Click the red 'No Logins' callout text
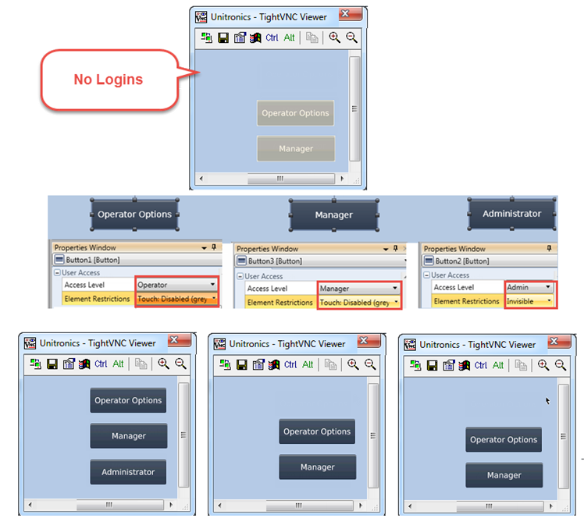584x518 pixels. [x=108, y=79]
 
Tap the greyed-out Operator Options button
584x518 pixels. [x=295, y=113]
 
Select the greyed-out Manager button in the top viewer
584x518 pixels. [x=295, y=148]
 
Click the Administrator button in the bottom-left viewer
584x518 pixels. [x=128, y=471]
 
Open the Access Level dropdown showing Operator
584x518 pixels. [x=176, y=285]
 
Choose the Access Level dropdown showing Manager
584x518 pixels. [x=359, y=288]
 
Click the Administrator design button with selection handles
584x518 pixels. [x=511, y=213]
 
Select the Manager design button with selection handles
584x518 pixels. [x=333, y=215]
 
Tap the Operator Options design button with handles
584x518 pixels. [x=134, y=215]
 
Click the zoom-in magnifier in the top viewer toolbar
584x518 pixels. [x=334, y=37]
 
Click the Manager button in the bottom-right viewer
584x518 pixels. [x=504, y=475]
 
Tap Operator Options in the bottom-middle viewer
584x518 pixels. [x=317, y=431]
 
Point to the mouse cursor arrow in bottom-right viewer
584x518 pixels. [x=547, y=401]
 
